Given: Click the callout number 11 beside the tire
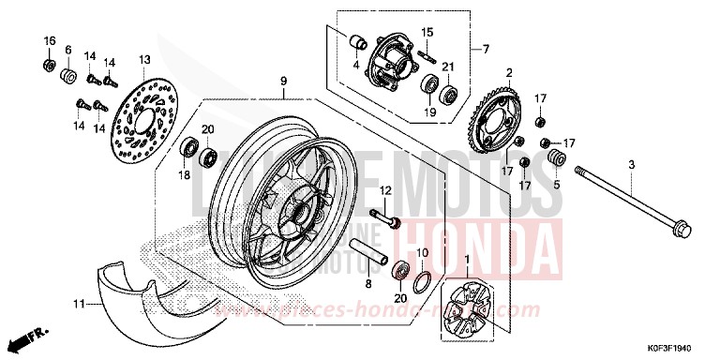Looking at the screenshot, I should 81,303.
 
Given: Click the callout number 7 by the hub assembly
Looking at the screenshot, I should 487,50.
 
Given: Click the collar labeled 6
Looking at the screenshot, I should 68,74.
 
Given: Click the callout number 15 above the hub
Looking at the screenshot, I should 427,32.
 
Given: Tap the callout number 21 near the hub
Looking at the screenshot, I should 449,67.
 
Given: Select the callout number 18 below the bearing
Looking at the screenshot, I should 184,174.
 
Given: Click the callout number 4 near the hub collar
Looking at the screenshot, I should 356,65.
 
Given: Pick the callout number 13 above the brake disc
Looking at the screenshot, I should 144,59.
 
